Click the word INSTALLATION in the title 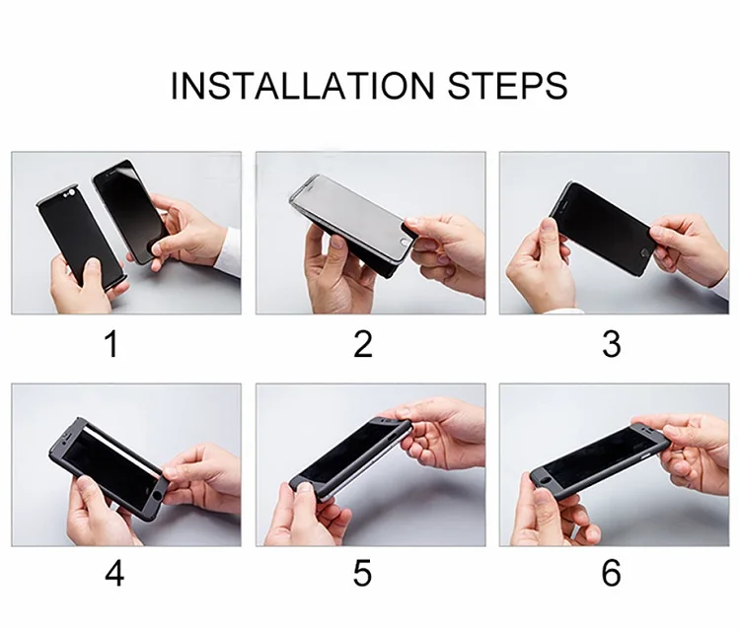[302, 86]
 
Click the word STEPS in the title [507, 86]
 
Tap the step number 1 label [111, 344]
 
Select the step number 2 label [363, 344]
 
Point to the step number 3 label [612, 344]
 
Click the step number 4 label [114, 574]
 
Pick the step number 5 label [362, 574]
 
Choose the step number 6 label [612, 574]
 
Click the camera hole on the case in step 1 [72, 193]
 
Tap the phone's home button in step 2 [404, 243]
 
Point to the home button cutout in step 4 [156, 497]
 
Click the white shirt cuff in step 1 [229, 251]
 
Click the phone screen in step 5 [351, 453]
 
